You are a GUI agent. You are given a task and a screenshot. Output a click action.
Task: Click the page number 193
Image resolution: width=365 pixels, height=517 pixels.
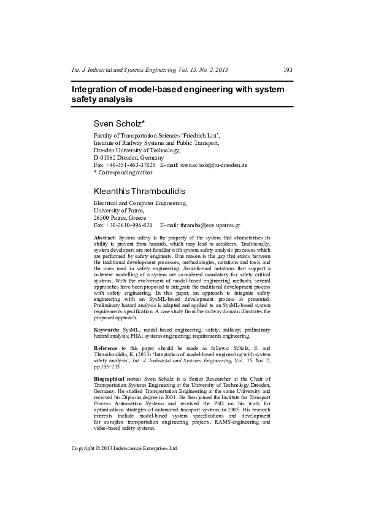click(x=287, y=70)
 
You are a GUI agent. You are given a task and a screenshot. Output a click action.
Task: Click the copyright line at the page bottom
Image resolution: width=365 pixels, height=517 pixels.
click(x=125, y=448)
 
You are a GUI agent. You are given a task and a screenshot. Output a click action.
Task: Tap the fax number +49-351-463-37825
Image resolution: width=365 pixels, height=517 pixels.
click(x=130, y=165)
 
